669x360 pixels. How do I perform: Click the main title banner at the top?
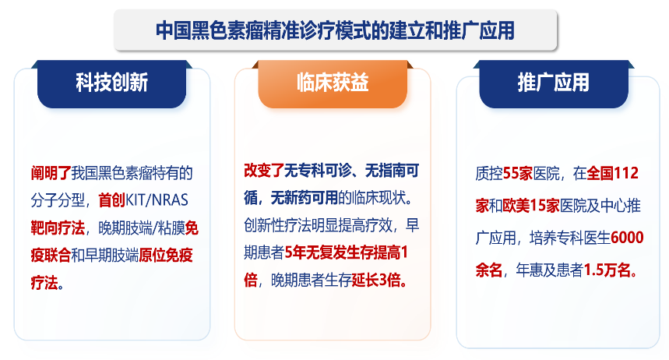click(x=335, y=30)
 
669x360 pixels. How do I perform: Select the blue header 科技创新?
click(x=111, y=83)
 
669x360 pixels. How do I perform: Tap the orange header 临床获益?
click(x=333, y=83)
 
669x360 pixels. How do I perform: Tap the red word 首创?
click(x=111, y=199)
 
